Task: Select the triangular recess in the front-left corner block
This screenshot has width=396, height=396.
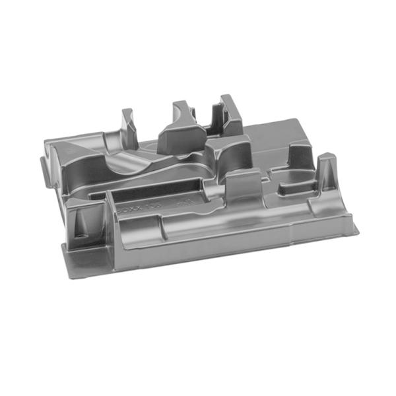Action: [x=82, y=221]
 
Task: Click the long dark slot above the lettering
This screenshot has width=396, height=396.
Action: [x=158, y=188]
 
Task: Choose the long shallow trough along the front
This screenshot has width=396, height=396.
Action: [x=198, y=228]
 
